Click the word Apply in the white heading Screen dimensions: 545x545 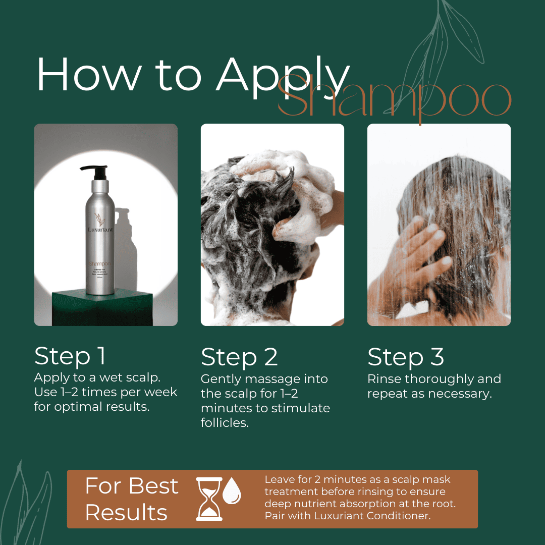(283, 76)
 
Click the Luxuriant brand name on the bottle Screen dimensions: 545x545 (100, 229)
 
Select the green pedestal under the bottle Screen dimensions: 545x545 (101, 308)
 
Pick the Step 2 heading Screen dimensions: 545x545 (239, 357)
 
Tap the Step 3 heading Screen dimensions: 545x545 (406, 357)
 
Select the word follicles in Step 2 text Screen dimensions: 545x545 (225, 423)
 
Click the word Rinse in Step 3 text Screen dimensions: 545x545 (384, 379)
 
